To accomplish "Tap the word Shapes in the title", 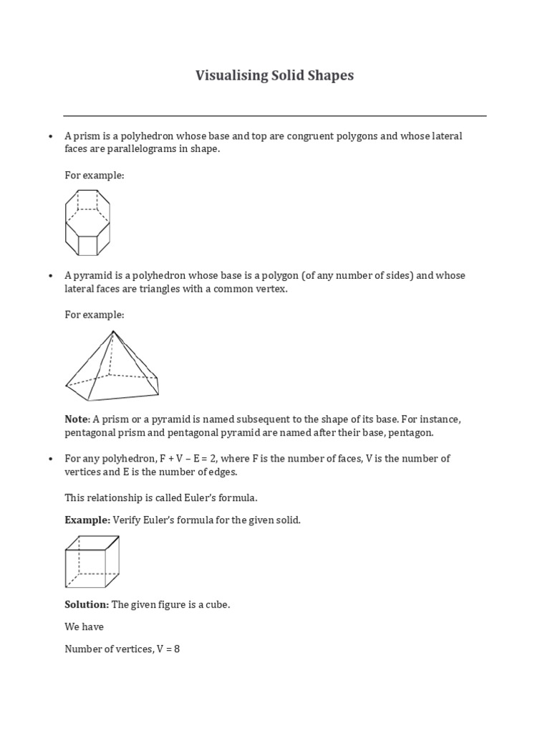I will [332, 75].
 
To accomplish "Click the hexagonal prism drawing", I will [87, 222].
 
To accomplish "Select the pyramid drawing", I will [112, 366].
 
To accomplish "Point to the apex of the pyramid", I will [113, 331].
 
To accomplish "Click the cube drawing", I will [92, 561].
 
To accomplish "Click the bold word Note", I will [75, 419].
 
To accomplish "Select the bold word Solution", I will [87, 604].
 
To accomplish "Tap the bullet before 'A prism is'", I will [50, 136].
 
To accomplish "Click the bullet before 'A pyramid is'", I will [50, 275].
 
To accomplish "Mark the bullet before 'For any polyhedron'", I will [50, 459].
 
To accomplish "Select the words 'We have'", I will [84, 626].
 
